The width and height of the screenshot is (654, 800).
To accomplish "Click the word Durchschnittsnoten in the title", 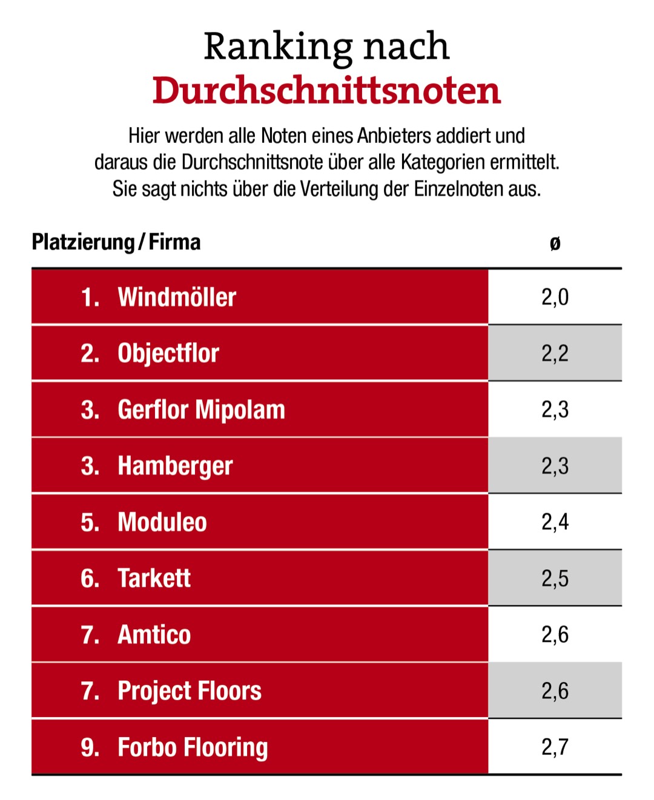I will tap(326, 91).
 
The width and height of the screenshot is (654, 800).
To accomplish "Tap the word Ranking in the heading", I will tap(278, 47).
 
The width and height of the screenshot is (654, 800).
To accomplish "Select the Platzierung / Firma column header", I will tap(116, 242).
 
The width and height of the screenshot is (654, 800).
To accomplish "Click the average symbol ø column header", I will tap(555, 243).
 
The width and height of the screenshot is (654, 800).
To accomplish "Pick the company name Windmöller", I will tap(177, 297).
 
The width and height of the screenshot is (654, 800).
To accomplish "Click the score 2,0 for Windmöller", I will tap(555, 297).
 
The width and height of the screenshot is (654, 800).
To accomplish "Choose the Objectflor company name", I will tap(168, 354).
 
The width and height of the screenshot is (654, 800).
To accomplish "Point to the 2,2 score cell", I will tap(555, 354).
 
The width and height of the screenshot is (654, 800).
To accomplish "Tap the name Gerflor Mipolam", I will tap(201, 410).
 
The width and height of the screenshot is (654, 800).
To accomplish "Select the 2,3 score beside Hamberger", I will tap(555, 466).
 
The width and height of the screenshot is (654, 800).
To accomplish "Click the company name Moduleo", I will tap(162, 523).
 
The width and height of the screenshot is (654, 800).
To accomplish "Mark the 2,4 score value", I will tap(555, 523).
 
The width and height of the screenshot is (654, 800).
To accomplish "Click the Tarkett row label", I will tap(154, 579).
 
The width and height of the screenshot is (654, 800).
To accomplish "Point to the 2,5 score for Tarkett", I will tap(555, 579).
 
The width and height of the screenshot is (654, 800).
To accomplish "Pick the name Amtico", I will tap(154, 635).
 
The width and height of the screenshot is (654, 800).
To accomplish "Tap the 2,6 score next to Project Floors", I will tap(555, 691).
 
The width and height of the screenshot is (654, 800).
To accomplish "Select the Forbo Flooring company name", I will tap(193, 748).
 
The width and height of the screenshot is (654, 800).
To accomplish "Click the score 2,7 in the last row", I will tap(555, 747).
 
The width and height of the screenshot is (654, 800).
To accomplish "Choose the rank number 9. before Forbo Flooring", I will tap(90, 748).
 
